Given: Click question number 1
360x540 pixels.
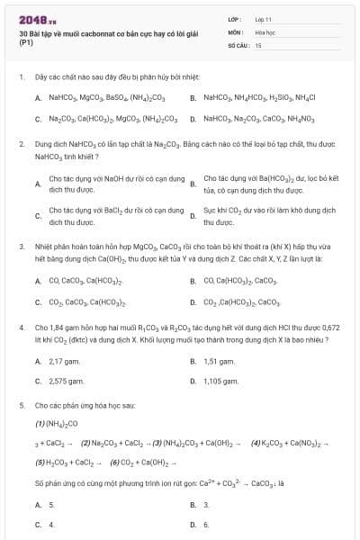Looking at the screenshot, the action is coord(20,78).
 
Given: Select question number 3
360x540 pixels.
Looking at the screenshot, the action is coord(20,244).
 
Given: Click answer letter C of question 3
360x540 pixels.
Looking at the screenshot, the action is coord(38,301).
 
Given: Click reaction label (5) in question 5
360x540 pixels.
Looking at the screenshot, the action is coord(40,462).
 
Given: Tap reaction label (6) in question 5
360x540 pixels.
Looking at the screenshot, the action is coord(114,462).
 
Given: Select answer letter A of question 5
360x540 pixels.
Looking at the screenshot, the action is coord(38,505).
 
